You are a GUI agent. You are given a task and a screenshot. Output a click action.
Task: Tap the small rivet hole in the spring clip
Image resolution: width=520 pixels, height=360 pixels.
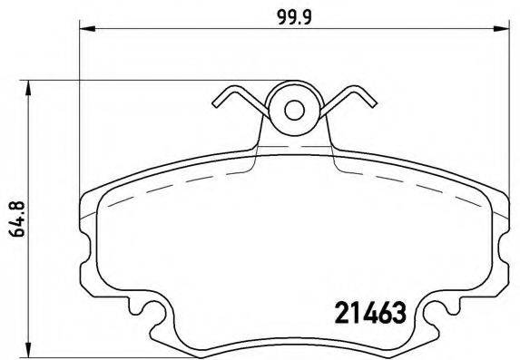point(294,111)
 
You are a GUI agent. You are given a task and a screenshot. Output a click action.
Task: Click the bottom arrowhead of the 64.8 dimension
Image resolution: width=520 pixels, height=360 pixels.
point(33,349)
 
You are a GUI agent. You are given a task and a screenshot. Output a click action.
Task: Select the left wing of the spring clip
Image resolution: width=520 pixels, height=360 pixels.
point(238,103)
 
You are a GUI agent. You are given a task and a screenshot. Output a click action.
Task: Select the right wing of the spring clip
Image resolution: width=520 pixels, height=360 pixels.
point(350,103)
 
